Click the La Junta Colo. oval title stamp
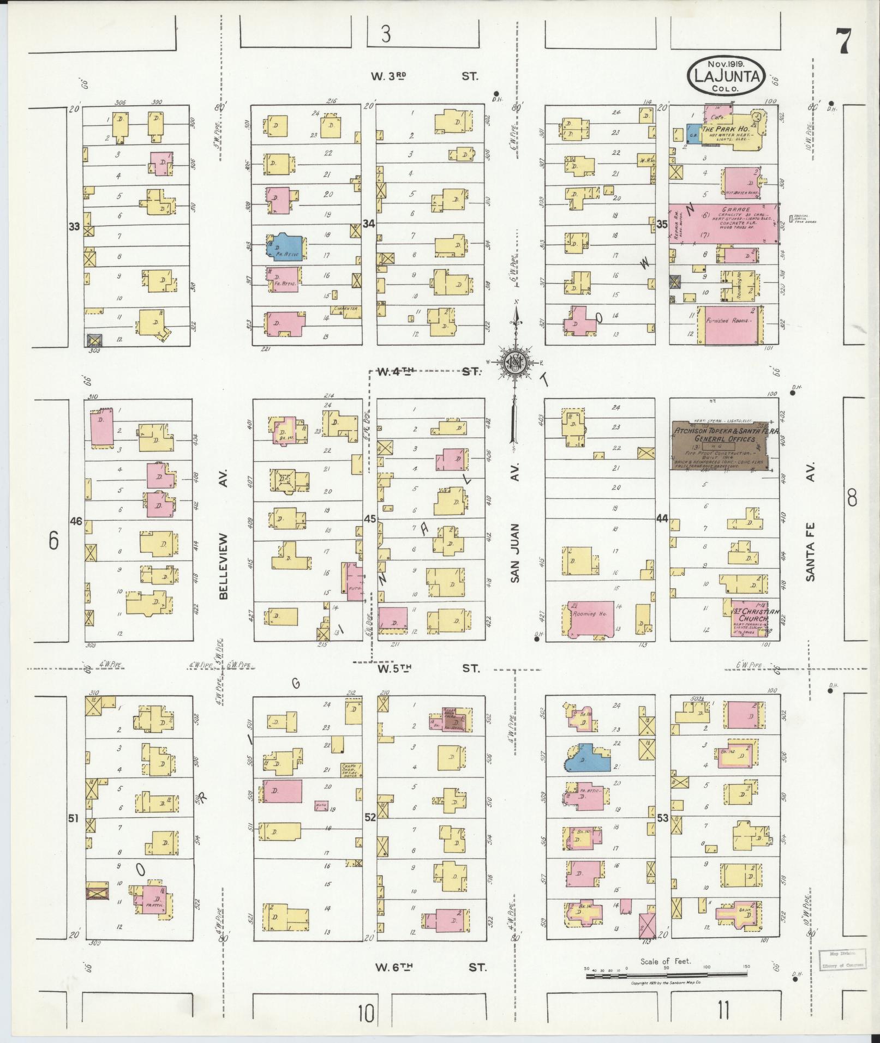tap(726, 76)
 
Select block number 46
tap(76, 521)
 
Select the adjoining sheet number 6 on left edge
tap(53, 540)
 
